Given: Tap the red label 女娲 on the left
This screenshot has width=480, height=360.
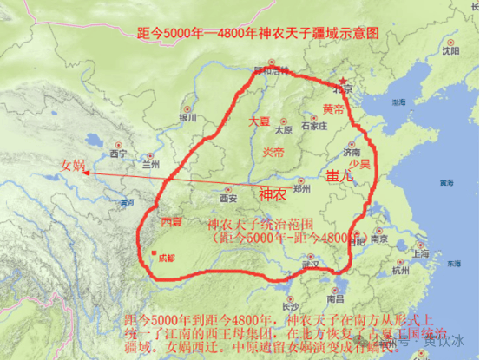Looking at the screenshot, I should click(x=73, y=166).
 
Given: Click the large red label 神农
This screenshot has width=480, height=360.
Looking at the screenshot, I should click(x=272, y=194).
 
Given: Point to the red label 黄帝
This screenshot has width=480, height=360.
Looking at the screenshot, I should click(x=333, y=109).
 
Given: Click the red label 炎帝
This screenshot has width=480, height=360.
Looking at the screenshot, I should click(x=273, y=152).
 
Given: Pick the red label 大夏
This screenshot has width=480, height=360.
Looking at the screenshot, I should click(x=259, y=121).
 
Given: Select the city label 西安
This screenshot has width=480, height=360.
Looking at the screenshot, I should click(x=228, y=198).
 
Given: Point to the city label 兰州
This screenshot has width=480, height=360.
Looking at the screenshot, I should click(x=151, y=163).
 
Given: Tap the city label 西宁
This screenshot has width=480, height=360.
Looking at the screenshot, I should click(x=119, y=154).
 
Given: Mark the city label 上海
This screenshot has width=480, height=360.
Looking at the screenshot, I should click(x=420, y=253).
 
